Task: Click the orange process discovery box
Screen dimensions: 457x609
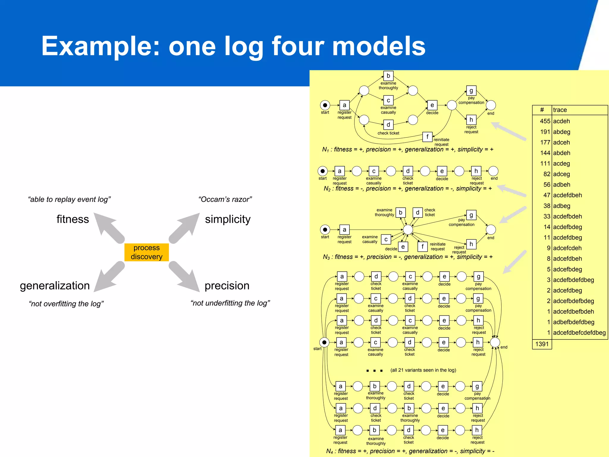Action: [x=146, y=252]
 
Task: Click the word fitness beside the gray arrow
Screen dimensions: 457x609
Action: [x=73, y=219]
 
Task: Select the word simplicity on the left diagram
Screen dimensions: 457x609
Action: [x=227, y=219]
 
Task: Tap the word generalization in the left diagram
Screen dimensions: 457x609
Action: [x=55, y=286]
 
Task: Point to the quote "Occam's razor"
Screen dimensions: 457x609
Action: [x=225, y=199]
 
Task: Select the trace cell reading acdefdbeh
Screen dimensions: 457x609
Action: [x=567, y=195]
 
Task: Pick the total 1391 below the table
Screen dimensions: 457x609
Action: [x=542, y=344]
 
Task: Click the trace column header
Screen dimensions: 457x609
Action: [x=560, y=110]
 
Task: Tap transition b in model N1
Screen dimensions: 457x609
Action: [x=388, y=76]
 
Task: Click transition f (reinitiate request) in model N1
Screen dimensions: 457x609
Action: [x=427, y=137]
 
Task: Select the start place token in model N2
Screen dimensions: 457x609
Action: [x=323, y=171]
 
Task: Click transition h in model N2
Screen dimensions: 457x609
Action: [x=476, y=171]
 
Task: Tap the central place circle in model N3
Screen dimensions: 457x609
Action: [x=408, y=230]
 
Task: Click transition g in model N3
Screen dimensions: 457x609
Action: [x=471, y=215]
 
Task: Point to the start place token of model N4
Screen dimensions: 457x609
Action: [x=324, y=342]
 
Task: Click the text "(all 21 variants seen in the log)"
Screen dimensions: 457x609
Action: [x=423, y=370]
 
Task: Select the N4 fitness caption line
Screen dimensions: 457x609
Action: [x=410, y=451]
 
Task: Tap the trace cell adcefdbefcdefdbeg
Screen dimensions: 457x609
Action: [x=579, y=333]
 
